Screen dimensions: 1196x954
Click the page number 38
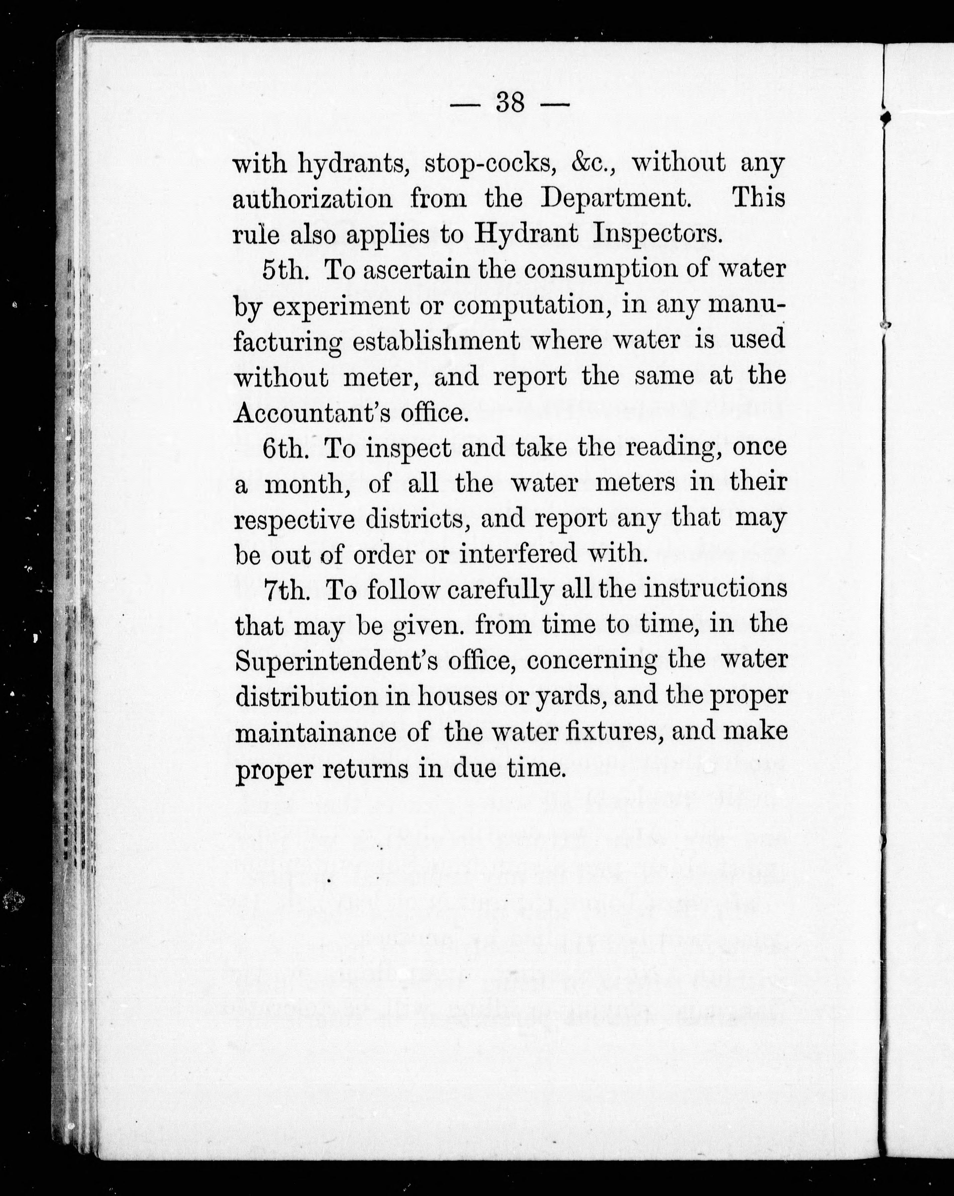510,103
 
